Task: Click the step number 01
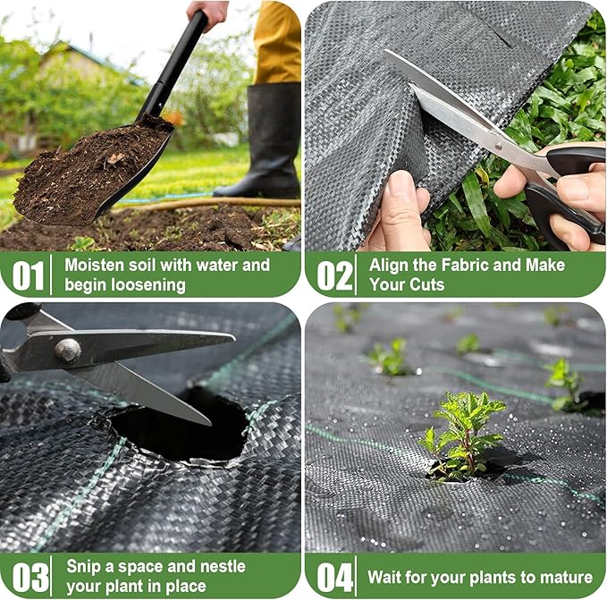point(28,275)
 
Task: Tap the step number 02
point(335,275)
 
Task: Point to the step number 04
point(335,577)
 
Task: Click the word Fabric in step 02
point(454,265)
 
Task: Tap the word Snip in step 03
point(84,566)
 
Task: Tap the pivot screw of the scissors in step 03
point(67,351)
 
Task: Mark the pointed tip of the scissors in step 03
point(210,420)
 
